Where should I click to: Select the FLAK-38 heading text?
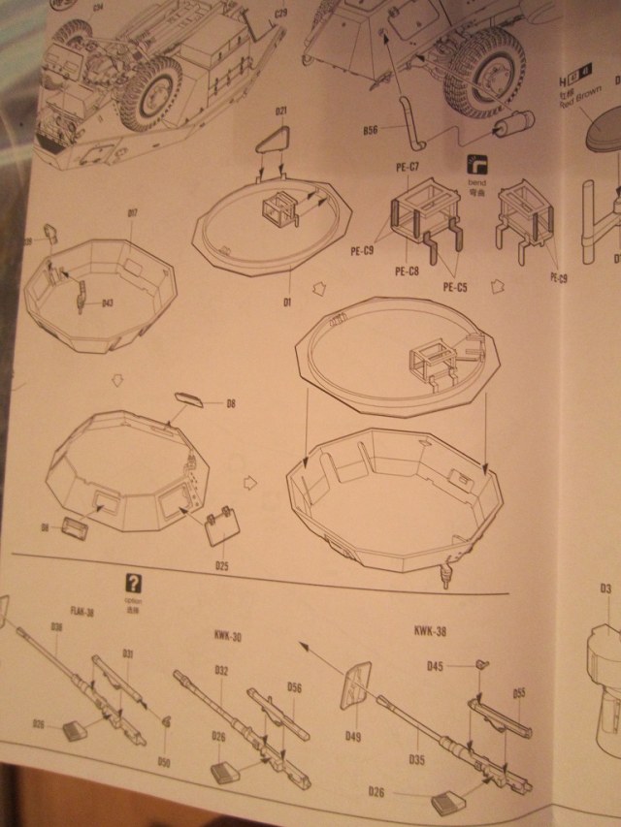(x=82, y=613)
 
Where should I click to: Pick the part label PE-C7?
(x=406, y=168)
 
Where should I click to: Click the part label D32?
(x=221, y=670)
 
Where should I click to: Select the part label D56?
(x=295, y=686)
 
